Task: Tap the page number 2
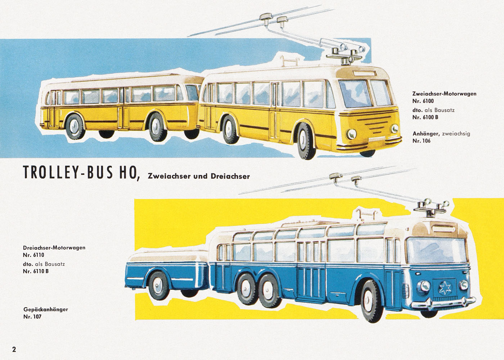14,350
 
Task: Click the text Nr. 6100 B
426,117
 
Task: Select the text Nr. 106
421,141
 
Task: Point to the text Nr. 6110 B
36,271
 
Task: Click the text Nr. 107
32,316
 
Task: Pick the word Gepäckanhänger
46,310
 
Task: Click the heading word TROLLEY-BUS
68,172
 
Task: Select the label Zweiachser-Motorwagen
444,94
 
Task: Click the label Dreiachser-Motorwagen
54,248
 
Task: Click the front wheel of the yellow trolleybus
306,141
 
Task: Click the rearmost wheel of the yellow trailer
75,127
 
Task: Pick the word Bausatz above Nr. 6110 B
55,264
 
